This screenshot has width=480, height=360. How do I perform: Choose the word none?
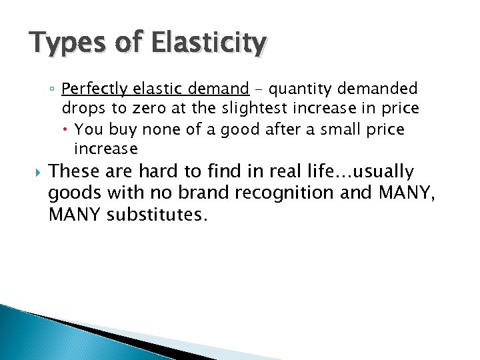click(159, 129)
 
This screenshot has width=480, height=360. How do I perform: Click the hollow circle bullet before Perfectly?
click(53, 89)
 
